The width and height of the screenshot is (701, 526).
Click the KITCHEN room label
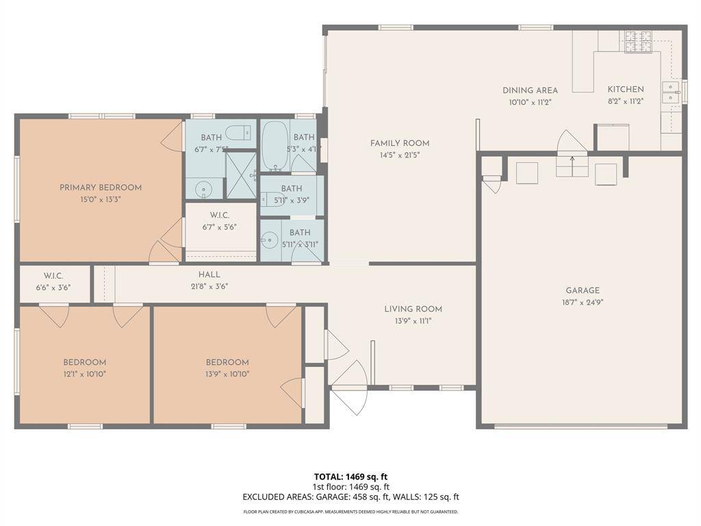click(626, 90)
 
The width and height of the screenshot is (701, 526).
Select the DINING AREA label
click(530, 90)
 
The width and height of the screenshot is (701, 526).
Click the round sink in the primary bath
click(203, 189)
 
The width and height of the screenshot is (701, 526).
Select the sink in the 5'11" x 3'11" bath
click(271, 240)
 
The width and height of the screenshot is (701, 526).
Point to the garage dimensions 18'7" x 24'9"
click(583, 302)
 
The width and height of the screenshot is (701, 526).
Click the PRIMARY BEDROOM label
click(101, 188)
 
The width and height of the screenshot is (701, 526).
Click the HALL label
click(209, 275)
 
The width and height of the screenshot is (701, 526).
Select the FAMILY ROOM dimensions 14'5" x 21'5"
click(400, 155)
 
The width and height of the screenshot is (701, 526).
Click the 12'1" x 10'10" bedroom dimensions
click(85, 374)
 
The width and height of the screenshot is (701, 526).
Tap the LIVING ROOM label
click(413, 309)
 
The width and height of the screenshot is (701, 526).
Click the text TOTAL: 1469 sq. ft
click(350, 477)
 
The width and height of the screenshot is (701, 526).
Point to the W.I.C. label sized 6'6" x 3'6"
click(53, 276)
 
